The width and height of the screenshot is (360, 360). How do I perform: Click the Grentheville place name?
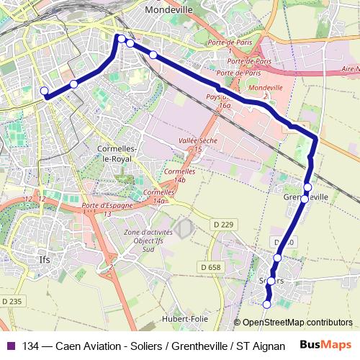coord(307,197)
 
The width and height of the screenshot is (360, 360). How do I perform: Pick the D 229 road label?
coord(224,225)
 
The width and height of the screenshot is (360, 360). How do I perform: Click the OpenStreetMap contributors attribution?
coord(297,323)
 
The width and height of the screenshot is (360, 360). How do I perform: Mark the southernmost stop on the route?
coord(267,305)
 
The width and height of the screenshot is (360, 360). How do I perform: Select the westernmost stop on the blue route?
coord(45,91)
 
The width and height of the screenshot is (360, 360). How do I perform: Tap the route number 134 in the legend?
coord(32,346)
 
